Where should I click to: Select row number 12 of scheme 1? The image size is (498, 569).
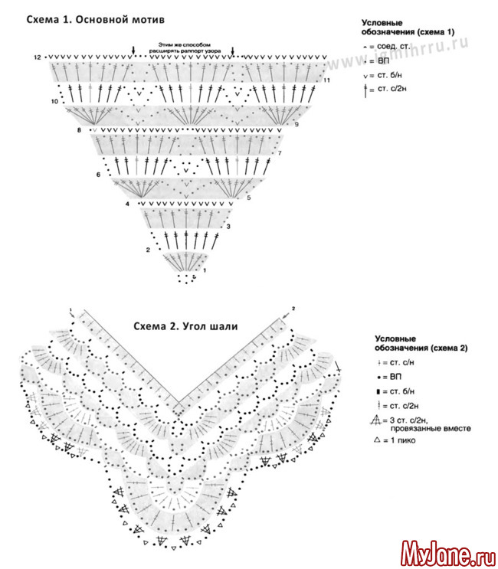pos(37,58)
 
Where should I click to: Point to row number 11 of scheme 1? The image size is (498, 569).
pos(326,80)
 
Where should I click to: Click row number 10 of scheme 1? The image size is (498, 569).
pos(54,101)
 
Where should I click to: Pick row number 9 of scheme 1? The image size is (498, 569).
pos(296,124)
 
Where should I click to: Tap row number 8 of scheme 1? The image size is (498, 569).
pos(79,132)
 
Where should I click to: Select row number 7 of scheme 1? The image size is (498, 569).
pos(280,154)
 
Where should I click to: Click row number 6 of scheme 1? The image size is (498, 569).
pos(99,175)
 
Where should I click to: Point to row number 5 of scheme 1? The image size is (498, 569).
pos(249,198)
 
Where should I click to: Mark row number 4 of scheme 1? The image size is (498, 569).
pos(127,204)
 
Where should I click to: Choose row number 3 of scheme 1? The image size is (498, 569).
pos(228,227)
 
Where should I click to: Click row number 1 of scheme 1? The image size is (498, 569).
pos(203,270)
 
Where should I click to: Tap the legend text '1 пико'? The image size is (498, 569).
pos(402,441)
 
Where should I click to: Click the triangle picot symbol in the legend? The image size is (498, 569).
pos(376,441)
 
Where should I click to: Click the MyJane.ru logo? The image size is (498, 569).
pos(447,551)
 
